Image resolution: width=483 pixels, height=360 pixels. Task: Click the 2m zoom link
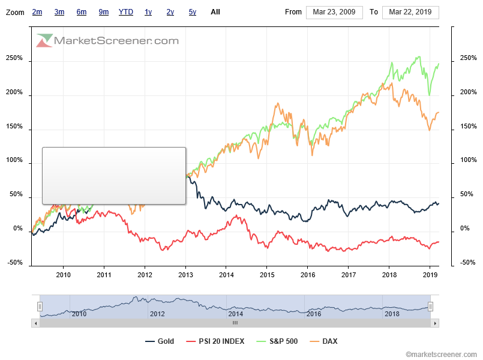(x=37, y=12)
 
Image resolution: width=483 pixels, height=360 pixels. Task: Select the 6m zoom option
(x=82, y=12)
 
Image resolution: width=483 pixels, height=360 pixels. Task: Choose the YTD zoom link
(x=126, y=12)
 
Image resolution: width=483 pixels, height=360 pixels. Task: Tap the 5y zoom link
(x=192, y=12)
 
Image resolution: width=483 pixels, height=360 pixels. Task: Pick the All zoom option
(x=215, y=12)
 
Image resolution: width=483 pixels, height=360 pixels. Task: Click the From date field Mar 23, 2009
(x=334, y=12)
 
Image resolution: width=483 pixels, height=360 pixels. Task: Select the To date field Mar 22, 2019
(x=410, y=12)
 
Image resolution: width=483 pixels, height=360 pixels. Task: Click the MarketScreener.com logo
(x=108, y=41)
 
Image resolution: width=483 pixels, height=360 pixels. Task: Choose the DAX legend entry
(x=329, y=341)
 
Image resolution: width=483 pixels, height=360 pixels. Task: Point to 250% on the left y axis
(x=14, y=59)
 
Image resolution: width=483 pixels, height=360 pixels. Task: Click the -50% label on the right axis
(x=468, y=263)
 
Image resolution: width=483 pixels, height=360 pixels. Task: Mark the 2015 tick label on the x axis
(x=267, y=275)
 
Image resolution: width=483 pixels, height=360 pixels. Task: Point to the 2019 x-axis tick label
(x=430, y=275)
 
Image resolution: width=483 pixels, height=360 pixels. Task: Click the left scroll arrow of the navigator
(x=35, y=323)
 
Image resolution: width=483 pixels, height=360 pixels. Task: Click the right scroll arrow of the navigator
(x=435, y=323)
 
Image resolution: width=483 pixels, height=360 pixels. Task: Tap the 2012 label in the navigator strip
(x=157, y=314)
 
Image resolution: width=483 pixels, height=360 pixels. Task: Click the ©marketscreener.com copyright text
(x=442, y=355)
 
